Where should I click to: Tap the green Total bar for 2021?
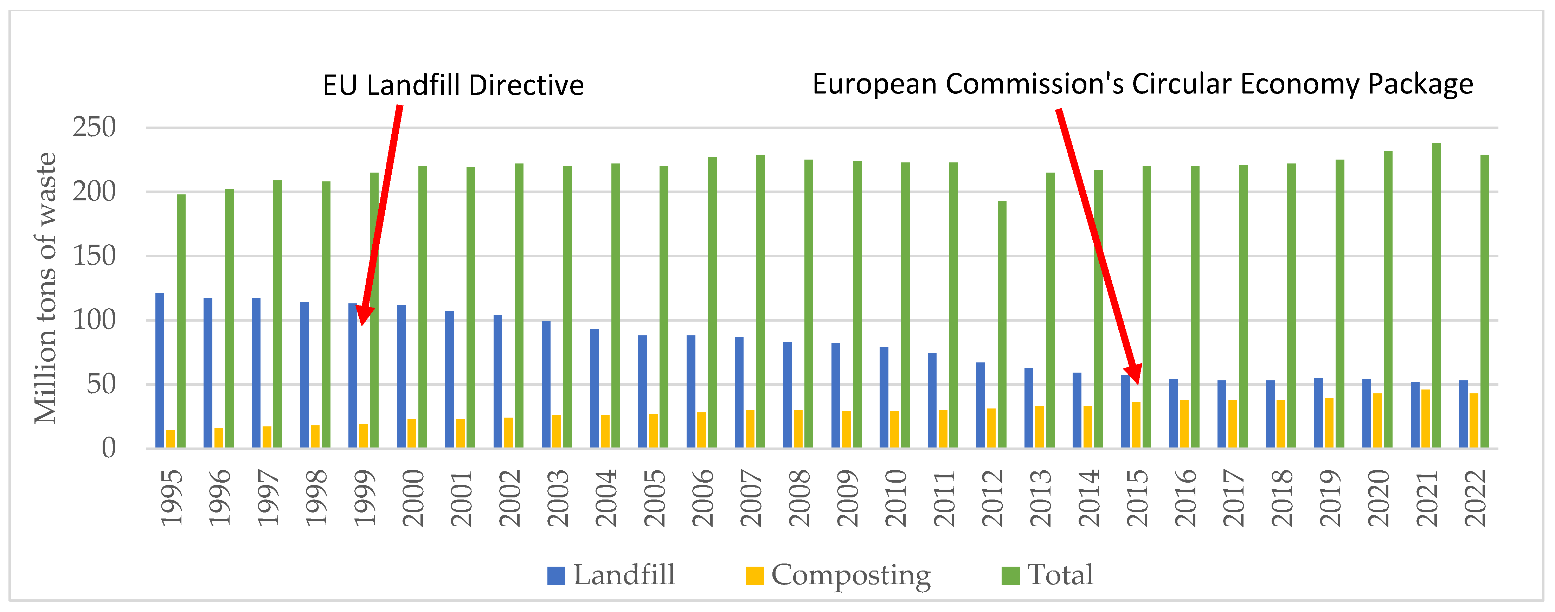(x=1436, y=295)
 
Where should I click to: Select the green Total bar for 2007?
(x=760, y=301)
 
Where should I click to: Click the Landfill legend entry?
(x=611, y=575)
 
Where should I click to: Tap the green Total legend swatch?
(x=1010, y=575)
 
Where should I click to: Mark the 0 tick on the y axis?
(x=109, y=448)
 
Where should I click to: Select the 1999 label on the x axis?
(x=364, y=498)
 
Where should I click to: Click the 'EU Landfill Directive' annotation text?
(x=453, y=85)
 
